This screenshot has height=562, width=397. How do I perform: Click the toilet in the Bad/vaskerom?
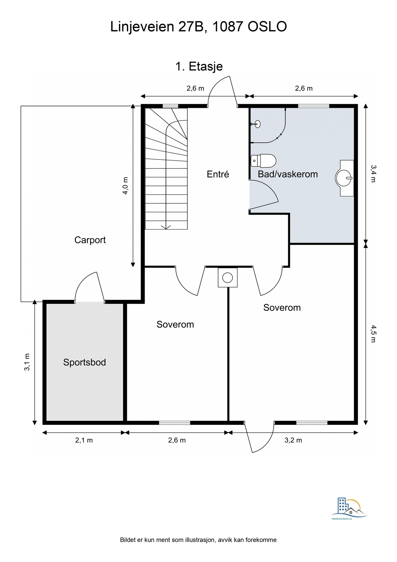coord(264,161)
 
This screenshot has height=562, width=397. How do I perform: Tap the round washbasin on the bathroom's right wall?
coord(344,178)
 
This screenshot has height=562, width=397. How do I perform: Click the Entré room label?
coord(218,174)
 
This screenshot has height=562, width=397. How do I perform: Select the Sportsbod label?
coord(84,362)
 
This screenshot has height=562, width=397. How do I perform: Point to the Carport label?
coord(90,240)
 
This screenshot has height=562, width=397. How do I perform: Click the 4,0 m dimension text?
coord(125,186)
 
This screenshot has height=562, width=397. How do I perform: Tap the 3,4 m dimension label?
coord(373,174)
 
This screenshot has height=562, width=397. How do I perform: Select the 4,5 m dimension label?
coord(373,334)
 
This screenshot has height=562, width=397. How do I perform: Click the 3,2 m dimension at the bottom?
coord(293,440)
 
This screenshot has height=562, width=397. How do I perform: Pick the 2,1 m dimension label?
coord(84,440)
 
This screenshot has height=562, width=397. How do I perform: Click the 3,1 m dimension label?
coord(27,362)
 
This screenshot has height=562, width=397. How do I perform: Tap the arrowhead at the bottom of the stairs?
coord(166,227)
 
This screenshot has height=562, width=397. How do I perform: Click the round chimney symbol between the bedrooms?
coord(227,278)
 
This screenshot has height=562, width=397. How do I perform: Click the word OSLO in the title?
coord(267,27)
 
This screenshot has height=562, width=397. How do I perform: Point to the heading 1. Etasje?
coord(199,66)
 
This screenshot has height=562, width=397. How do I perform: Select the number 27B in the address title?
coord(191,27)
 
